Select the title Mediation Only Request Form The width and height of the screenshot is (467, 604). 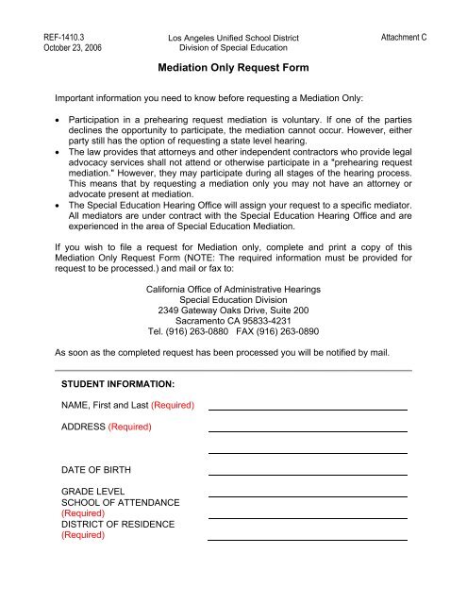tap(232, 69)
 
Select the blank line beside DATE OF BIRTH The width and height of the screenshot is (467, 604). tap(307, 474)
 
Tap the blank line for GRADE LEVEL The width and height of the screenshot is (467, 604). tap(307, 495)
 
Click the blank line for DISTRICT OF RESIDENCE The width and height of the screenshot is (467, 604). tap(307, 539)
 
